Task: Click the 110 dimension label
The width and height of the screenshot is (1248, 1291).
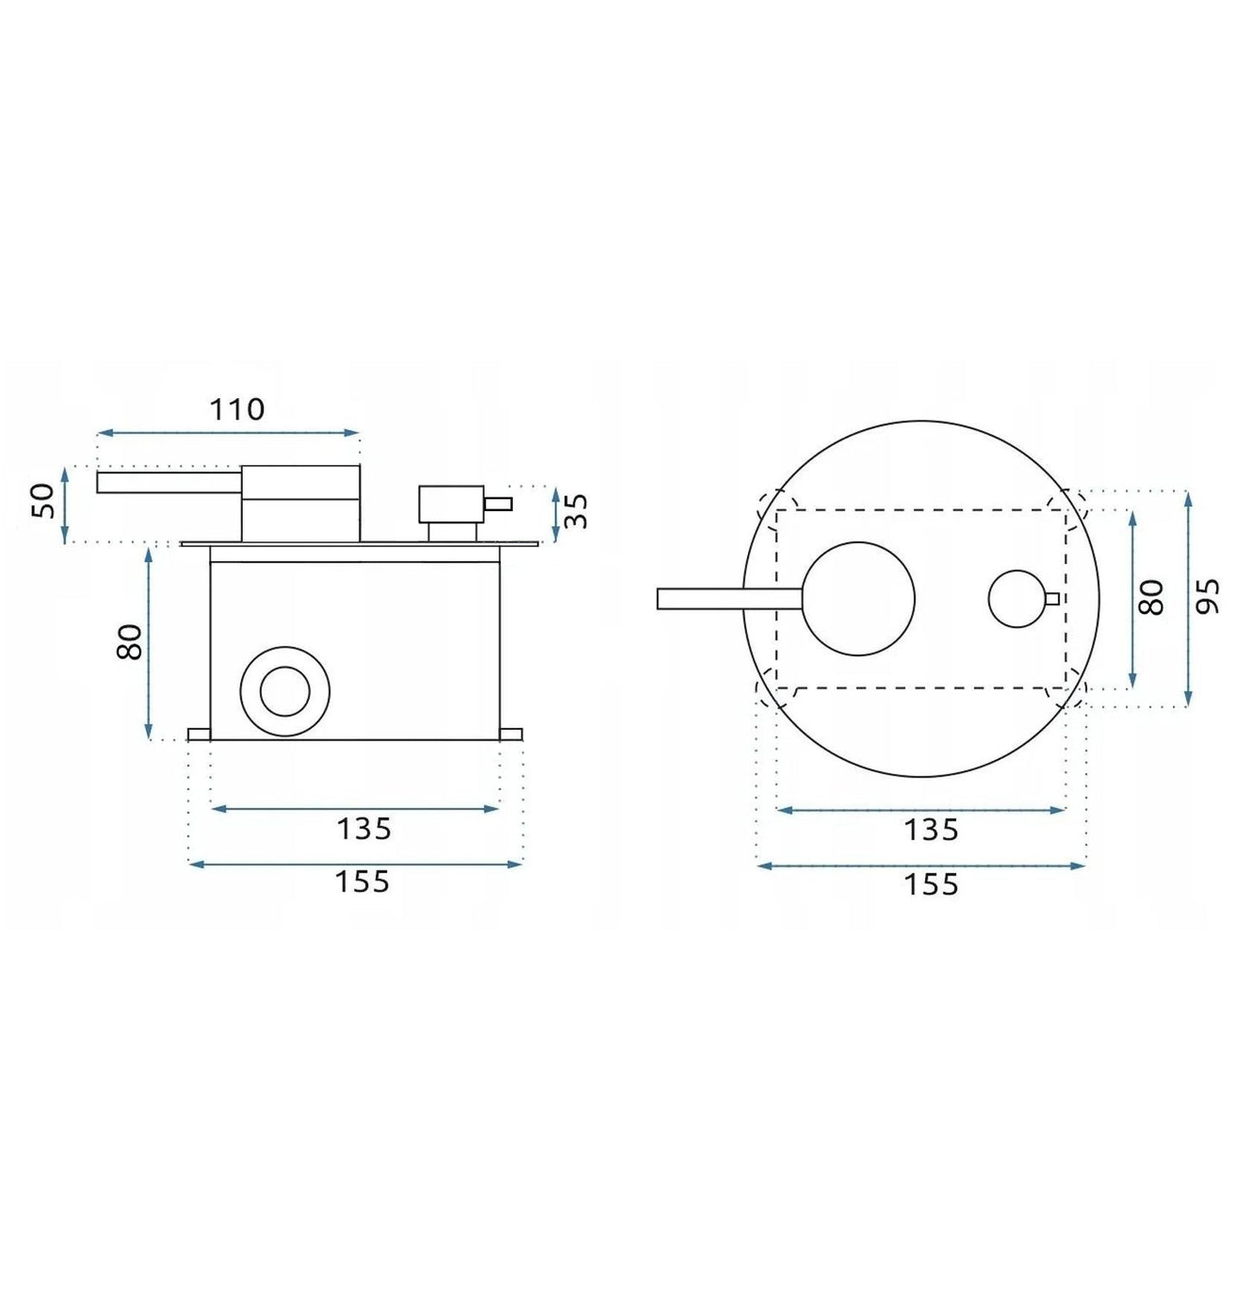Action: [x=237, y=408]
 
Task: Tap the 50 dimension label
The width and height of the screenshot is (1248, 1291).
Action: [x=43, y=501]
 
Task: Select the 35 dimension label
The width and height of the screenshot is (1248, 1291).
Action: [x=575, y=510]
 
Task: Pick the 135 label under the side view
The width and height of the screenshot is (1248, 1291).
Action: [x=364, y=829]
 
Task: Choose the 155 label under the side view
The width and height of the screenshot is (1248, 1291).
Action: [x=362, y=883]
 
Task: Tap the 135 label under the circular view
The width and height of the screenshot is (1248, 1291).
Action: [x=931, y=830]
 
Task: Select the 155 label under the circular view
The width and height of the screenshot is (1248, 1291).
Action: [x=931, y=885]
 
